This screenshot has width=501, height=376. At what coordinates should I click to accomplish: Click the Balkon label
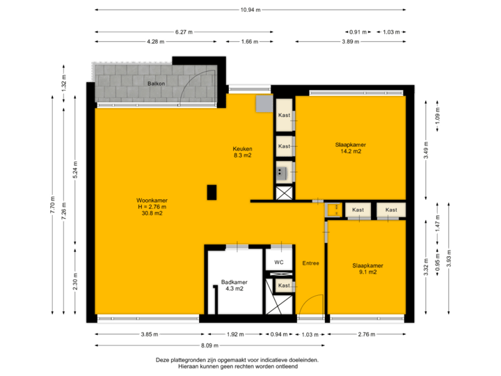[x=155, y=84]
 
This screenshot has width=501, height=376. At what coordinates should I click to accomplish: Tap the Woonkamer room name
[x=151, y=201]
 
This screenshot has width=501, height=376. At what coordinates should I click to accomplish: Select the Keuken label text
[x=242, y=148]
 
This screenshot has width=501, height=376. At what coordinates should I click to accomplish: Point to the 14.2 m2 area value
[x=351, y=151]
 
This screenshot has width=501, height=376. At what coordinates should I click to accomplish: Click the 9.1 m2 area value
[x=367, y=272]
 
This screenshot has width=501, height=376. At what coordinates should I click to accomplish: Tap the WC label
[x=279, y=263]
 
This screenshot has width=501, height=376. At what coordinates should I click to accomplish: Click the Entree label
[x=310, y=263]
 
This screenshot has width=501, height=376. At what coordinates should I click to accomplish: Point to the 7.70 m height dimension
[x=53, y=206]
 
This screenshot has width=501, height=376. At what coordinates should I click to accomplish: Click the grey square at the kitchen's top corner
[x=264, y=103]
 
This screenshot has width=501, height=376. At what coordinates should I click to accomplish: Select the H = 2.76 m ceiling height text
[x=151, y=207]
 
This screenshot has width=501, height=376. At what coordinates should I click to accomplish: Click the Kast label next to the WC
[x=284, y=285]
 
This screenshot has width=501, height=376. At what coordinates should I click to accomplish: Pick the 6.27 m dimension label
[x=184, y=31]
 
